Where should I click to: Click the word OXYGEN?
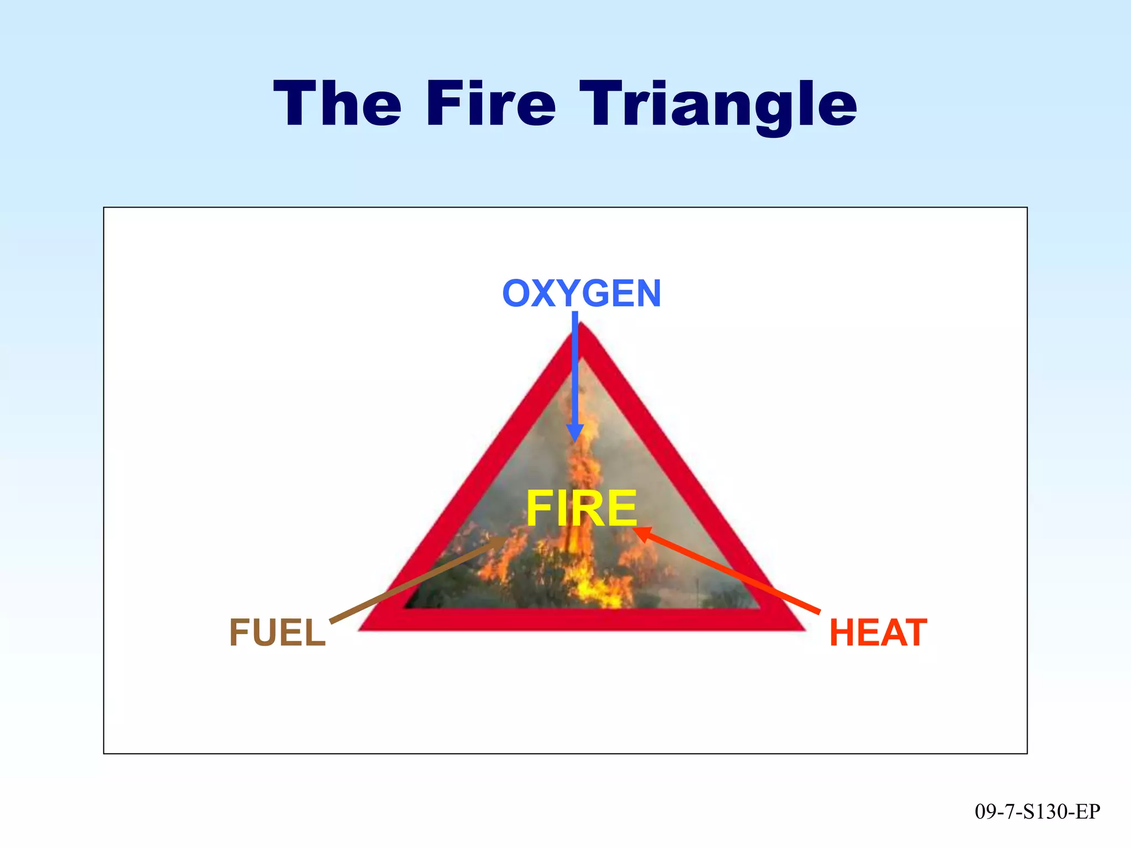582,293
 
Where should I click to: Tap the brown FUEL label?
277,633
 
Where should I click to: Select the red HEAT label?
878,633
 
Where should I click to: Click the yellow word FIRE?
582,508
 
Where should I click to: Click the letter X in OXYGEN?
543,293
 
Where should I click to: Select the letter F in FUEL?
240,633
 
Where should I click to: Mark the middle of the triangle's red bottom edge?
582,619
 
